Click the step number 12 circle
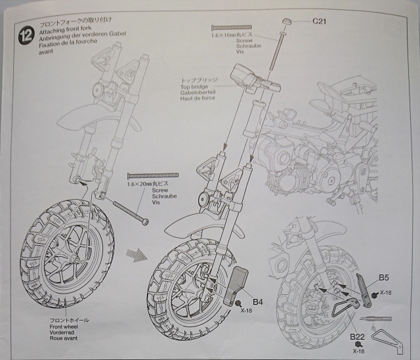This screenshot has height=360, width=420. click(27, 35)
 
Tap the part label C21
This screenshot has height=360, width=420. click(319, 21)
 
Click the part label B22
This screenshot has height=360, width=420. click(357, 337)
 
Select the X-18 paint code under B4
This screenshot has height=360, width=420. click(247, 311)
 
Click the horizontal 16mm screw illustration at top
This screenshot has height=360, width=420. click(232, 27)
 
